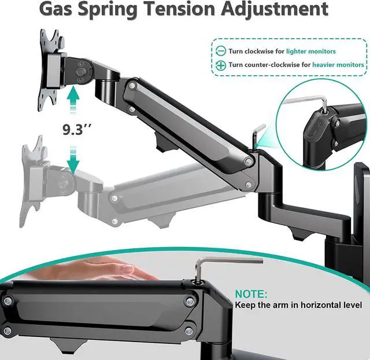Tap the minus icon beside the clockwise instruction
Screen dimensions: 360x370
220,51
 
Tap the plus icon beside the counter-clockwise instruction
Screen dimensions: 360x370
220,65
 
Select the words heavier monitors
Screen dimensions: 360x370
338,65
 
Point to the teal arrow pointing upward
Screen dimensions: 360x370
73,101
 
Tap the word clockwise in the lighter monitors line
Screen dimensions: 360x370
261,52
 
